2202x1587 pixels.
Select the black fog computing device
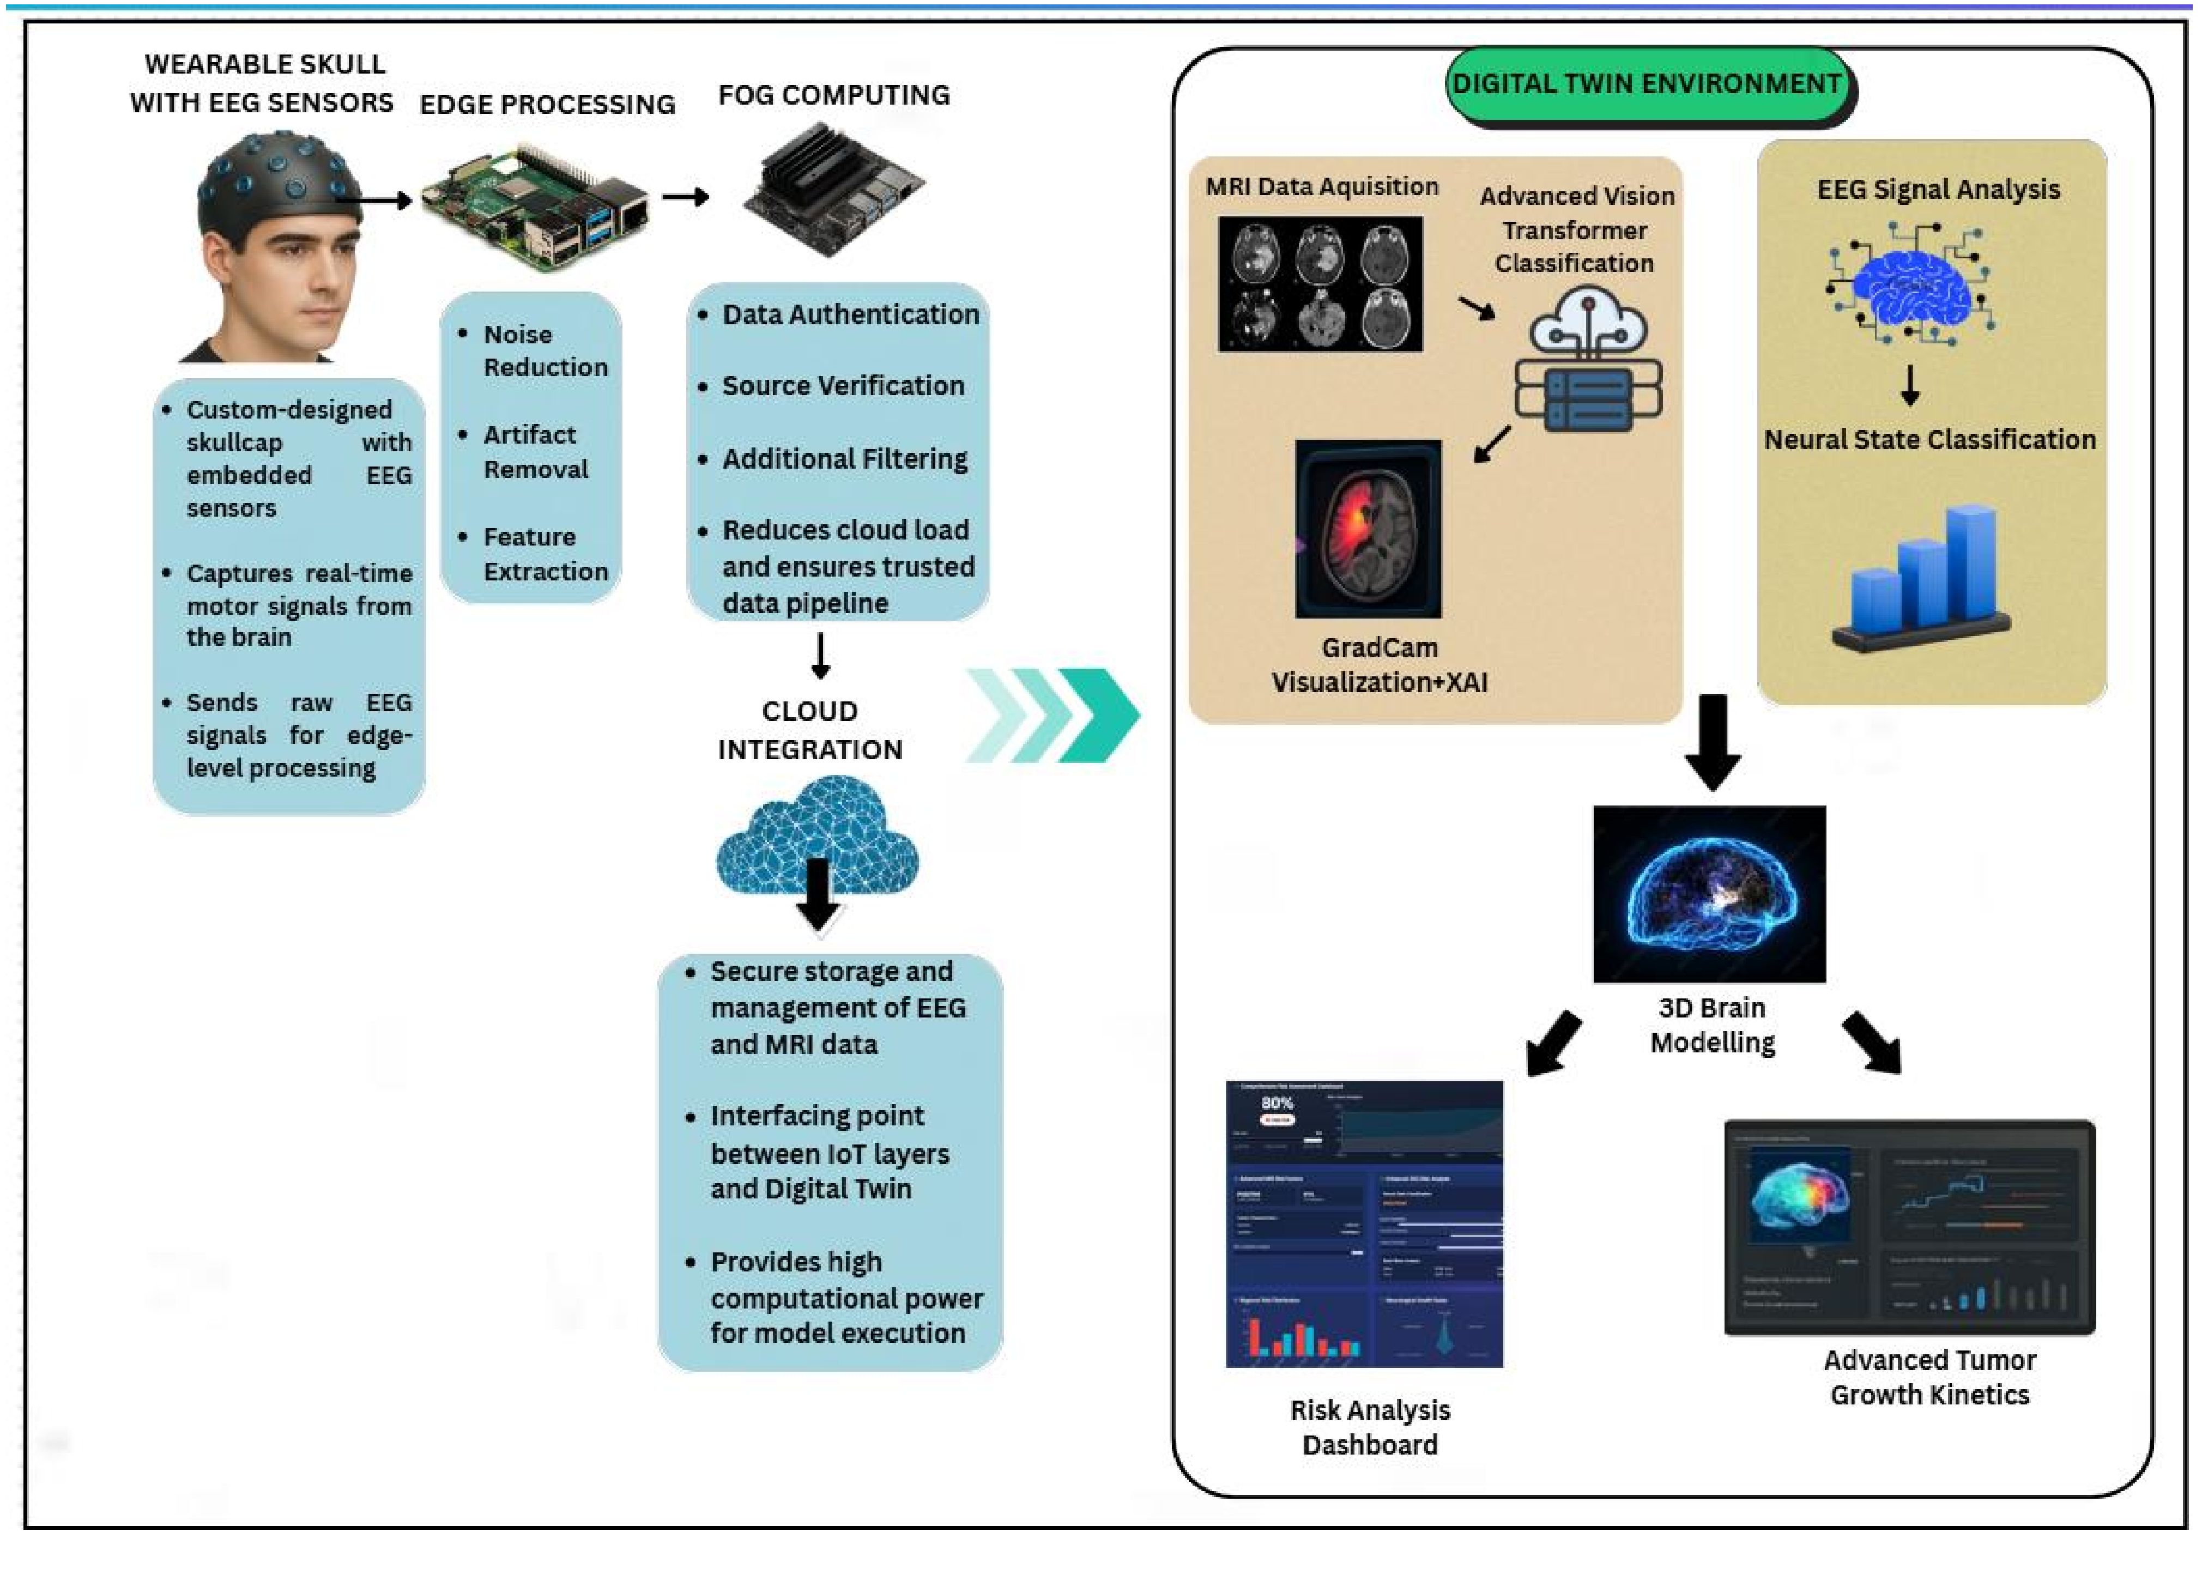833,189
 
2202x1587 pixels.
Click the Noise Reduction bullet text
545,350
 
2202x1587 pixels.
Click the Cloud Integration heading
810,730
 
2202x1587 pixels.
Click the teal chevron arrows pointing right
1054,716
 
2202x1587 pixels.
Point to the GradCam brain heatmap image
1368,529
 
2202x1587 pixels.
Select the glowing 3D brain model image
1709,894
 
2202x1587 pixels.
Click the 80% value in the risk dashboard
1277,1103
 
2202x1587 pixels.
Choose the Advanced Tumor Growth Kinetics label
1929,1377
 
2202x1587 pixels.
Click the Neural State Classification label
1929,440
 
